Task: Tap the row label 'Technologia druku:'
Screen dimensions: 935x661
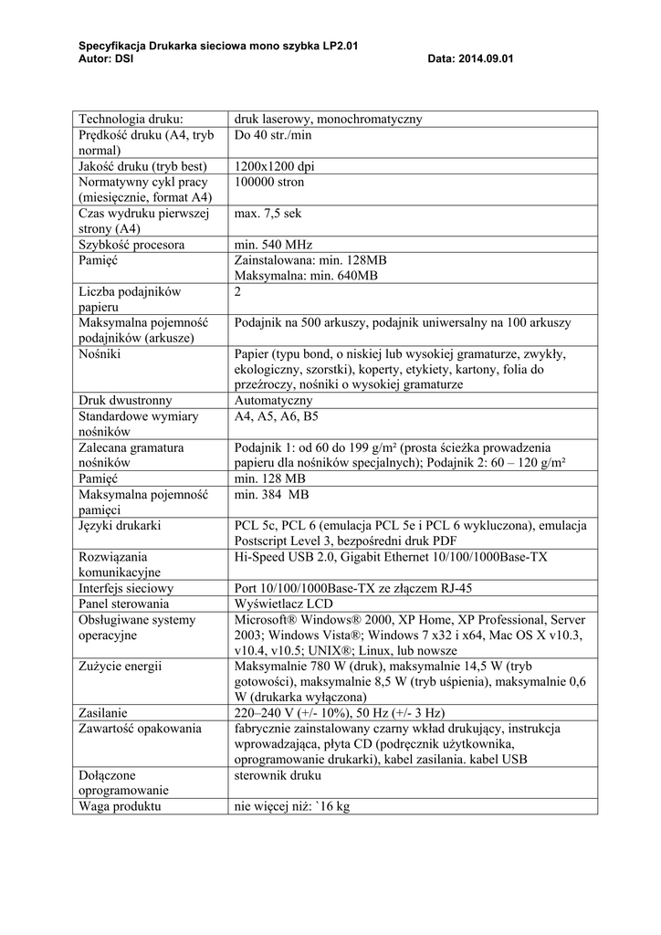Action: pyautogui.click(x=131, y=119)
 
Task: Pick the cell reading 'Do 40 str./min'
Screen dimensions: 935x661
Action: pyautogui.click(x=274, y=135)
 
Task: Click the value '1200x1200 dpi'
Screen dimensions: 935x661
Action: pyautogui.click(x=274, y=166)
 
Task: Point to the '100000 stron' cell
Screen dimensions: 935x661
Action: pyautogui.click(x=270, y=183)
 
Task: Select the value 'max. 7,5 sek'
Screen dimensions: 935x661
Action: pyautogui.click(x=268, y=214)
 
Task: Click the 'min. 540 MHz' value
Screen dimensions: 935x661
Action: pyautogui.click(x=273, y=245)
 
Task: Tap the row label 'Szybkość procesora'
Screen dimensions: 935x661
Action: pyautogui.click(x=132, y=245)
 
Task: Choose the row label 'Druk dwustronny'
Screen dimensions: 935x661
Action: pyautogui.click(x=125, y=400)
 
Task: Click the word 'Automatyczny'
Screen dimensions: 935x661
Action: pyautogui.click(x=273, y=400)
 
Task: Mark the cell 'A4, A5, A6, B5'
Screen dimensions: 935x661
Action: pyautogui.click(x=277, y=416)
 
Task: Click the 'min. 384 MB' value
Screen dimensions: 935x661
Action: pyautogui.click(x=272, y=494)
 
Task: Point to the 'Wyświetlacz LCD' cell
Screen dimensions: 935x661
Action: pyautogui.click(x=282, y=604)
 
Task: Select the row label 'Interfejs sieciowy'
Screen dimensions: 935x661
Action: pyautogui.click(x=126, y=588)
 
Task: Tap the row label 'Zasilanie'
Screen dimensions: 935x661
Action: pyautogui.click(x=103, y=712)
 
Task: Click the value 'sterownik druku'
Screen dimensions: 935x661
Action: pyautogui.click(x=278, y=775)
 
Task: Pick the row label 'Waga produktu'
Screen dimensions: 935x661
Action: pyautogui.click(x=121, y=806)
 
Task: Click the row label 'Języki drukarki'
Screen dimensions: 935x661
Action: pyautogui.click(x=121, y=525)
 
